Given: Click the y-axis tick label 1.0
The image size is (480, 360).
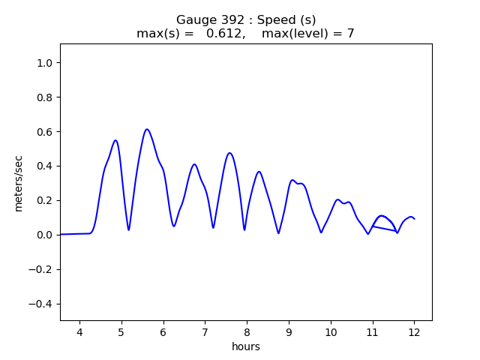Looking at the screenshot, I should point(45,63).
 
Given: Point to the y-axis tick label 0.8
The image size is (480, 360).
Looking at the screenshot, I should point(45,97).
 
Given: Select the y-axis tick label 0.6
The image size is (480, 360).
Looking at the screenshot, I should point(45,132).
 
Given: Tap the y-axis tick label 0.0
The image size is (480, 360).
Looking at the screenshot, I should point(45,235).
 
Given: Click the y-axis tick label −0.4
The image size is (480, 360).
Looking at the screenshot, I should point(42,304).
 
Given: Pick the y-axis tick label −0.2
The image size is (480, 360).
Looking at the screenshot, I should point(42,269).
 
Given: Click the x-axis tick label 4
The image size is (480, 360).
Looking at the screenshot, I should point(79,331).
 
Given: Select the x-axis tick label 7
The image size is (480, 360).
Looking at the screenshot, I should point(205,331).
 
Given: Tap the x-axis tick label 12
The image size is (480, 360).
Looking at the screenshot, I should point(414,331).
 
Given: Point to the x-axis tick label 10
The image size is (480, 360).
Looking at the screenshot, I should point(330,331).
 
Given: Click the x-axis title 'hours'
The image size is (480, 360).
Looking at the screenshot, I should point(246,346).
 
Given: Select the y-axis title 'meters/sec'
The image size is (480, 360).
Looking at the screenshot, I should point(19,182).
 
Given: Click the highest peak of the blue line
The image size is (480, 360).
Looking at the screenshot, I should point(147,129).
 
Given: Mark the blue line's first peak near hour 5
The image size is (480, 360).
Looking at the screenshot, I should point(115,140).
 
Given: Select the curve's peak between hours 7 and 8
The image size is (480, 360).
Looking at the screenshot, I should point(229,153).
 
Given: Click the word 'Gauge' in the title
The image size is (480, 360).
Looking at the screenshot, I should point(194,19).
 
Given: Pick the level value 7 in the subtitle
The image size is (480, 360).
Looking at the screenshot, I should point(350,34).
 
